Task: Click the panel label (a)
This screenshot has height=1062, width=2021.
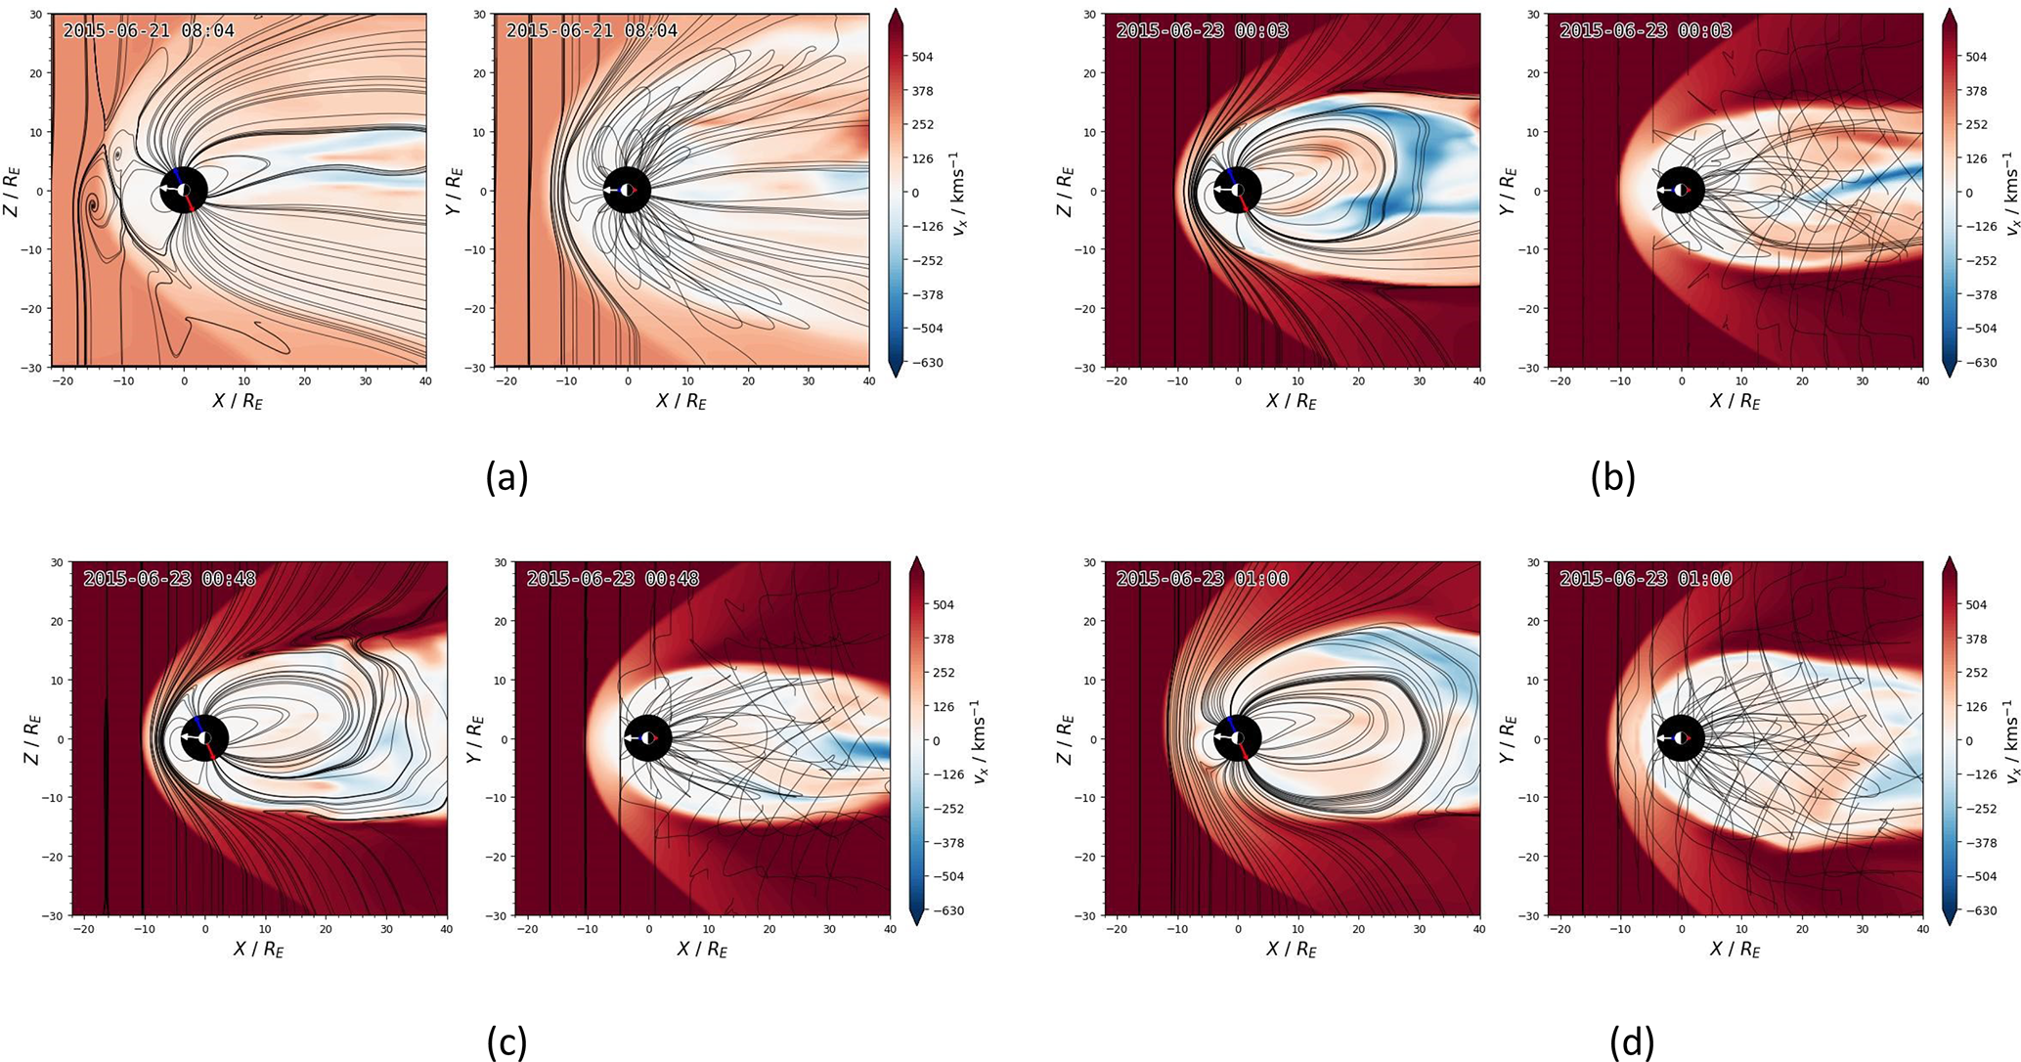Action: pos(506,478)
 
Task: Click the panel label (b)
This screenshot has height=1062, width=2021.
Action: pos(1612,478)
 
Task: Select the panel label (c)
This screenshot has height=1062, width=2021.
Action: pos(506,1043)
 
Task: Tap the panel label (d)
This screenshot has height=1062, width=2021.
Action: pos(1631,1043)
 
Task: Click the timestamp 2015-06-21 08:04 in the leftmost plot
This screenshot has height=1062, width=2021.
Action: pos(149,30)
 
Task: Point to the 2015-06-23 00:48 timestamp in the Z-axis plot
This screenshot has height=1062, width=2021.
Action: pos(169,579)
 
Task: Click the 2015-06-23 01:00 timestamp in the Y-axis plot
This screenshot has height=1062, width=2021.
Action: pos(1646,579)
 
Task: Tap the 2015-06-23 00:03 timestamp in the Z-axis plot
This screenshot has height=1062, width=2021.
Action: pos(1203,30)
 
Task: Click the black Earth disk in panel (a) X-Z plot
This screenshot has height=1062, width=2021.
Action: pos(183,190)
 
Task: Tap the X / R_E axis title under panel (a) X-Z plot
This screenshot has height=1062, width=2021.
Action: pos(238,401)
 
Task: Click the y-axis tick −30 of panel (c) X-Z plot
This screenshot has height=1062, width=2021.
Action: pos(55,915)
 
